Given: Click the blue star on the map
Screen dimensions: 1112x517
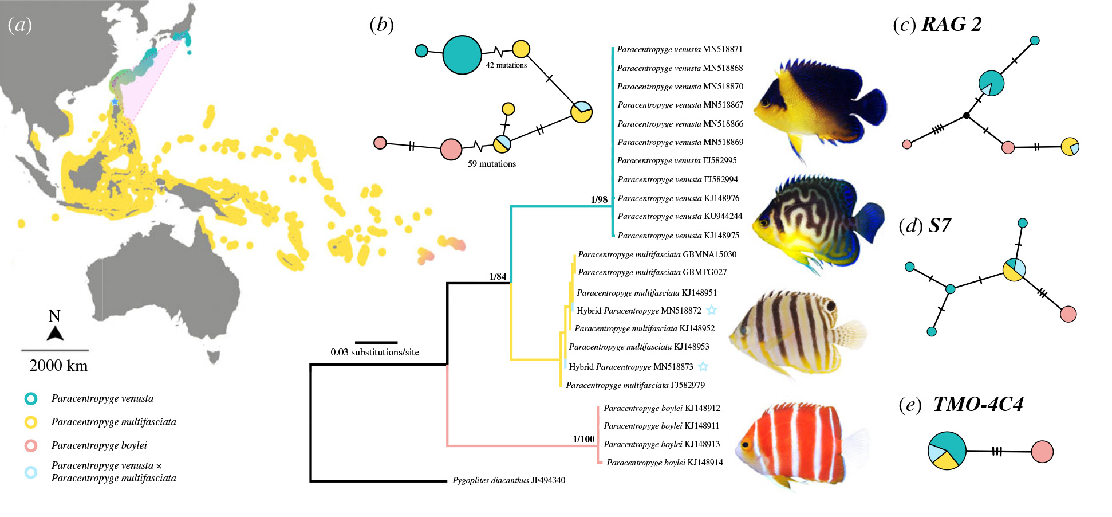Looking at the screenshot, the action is point(115,102).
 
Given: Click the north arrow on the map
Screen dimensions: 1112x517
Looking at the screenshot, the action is point(55,333).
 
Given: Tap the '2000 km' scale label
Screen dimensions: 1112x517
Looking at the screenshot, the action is point(58,366).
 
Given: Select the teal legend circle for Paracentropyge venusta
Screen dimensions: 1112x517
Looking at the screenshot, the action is point(31,398).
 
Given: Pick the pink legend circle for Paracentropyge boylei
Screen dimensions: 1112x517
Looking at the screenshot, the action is point(31,445).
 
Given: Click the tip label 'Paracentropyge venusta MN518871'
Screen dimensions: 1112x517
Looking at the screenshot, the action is point(680,49).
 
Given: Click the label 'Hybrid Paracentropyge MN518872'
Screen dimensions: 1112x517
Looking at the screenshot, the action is point(639,311).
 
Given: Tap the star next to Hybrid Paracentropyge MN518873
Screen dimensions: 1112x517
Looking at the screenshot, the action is point(703,366).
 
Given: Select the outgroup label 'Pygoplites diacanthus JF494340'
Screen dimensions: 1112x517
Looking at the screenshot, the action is point(509,480).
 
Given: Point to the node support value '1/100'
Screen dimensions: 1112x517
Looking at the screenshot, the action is point(583,439).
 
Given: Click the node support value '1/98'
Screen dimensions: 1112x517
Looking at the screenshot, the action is point(599,199).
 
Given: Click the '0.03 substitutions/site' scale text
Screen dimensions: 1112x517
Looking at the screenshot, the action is point(375,352).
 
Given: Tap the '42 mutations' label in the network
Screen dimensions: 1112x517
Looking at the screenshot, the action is point(506,65).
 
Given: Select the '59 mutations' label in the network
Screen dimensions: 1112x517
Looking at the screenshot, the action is point(492,164).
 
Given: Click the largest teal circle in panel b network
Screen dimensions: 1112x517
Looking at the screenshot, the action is point(462,54).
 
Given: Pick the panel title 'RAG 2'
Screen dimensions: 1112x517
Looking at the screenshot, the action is point(952,24).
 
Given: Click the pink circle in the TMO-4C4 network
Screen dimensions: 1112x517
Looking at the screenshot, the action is point(1042,452).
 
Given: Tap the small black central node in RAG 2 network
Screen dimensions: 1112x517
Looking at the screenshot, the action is point(967,116).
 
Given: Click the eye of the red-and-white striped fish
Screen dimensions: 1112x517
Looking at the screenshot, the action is point(746,444).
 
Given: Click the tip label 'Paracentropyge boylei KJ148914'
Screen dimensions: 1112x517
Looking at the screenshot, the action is point(665,463).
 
